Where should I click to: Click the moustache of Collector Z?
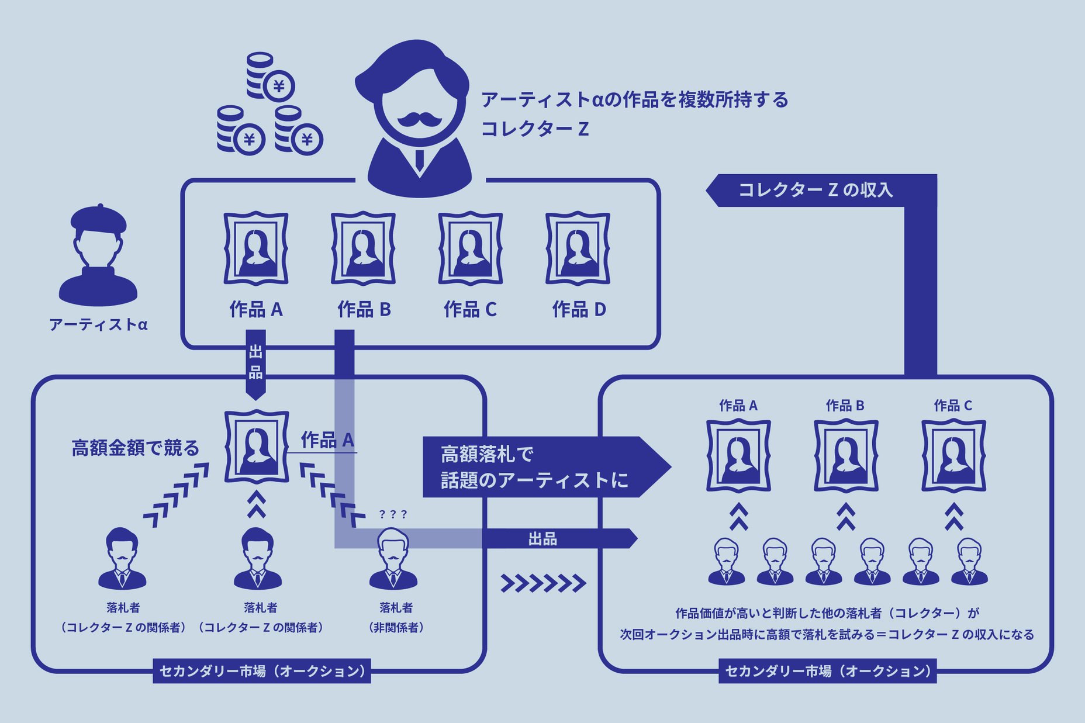pos(420,120)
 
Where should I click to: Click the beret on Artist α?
pos(98,218)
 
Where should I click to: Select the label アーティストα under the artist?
pos(98,324)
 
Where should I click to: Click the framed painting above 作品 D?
pos(578,248)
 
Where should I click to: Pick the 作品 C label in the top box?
pos(470,309)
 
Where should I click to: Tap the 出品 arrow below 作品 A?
pos(256,362)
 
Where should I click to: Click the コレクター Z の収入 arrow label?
pos(815,190)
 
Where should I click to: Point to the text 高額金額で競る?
pos(135,448)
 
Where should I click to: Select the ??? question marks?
pos(393,514)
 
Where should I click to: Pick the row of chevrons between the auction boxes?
pos(543,583)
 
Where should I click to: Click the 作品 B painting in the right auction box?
pos(846,456)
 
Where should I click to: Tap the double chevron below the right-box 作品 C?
pos(953,517)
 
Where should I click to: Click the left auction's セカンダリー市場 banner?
pos(262,671)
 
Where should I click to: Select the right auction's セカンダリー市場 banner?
pos(827,671)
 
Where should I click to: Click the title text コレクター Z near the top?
pos(534,129)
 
